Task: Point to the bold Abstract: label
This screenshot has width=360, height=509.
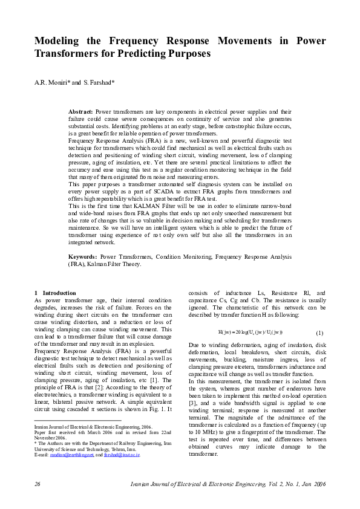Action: [x=81, y=112]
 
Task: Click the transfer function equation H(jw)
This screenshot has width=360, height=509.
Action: [x=250, y=333]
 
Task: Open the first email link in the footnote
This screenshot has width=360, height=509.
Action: [x=67, y=455]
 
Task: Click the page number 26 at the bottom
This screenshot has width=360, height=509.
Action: [x=38, y=485]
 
